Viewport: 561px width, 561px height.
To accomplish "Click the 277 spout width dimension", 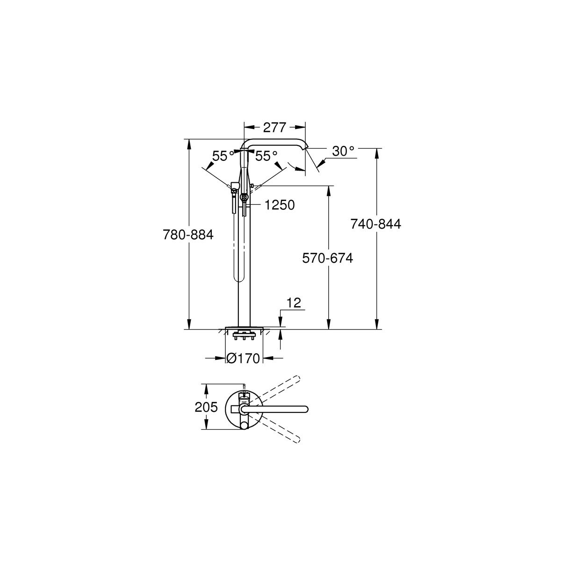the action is [275, 128].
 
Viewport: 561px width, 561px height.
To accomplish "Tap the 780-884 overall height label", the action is [188, 235].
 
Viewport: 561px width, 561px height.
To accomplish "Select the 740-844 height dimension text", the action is [376, 223].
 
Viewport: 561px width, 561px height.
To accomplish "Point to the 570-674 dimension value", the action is [328, 258].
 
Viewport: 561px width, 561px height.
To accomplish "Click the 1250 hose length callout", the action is [280, 205].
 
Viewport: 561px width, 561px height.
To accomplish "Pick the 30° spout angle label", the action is [344, 151].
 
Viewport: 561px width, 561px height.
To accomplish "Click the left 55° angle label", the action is [223, 156].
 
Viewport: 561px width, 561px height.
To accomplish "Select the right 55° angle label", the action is [266, 156].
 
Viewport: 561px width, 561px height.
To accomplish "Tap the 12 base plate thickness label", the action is [294, 303].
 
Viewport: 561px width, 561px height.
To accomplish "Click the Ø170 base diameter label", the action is [243, 359].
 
